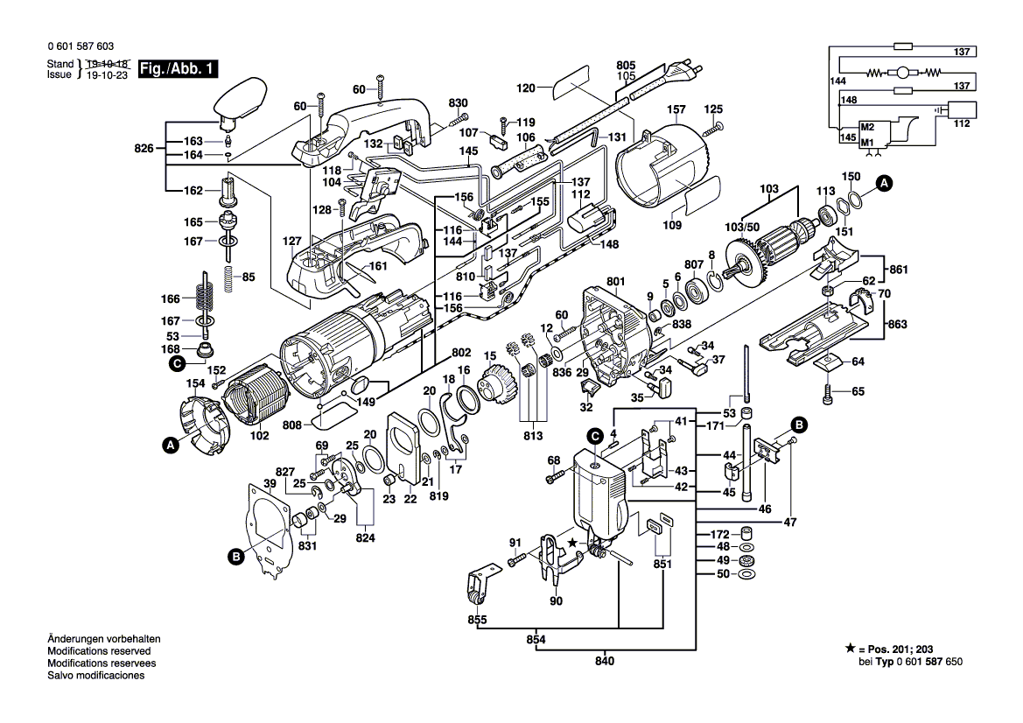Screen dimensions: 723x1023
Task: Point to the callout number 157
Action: (x=676, y=110)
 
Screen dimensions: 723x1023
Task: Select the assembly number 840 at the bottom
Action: (x=604, y=660)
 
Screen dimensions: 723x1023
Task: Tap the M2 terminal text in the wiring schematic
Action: (x=867, y=128)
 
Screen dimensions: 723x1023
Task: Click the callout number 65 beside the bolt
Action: (x=858, y=391)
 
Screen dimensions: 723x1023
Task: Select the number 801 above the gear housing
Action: (x=617, y=281)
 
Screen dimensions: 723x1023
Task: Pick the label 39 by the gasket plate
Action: (x=270, y=484)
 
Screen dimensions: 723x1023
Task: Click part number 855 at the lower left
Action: (x=477, y=620)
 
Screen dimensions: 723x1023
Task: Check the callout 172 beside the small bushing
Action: (x=718, y=534)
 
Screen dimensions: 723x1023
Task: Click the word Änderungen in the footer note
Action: (x=75, y=640)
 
